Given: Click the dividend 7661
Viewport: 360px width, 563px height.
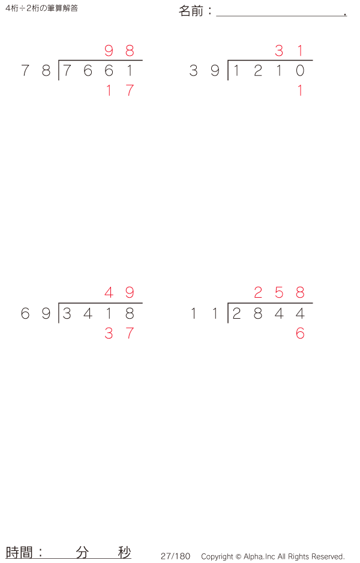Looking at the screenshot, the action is point(98,71).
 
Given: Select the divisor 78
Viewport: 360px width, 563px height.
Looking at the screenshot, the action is point(35,71).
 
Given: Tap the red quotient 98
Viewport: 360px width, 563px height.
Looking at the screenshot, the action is point(119,51).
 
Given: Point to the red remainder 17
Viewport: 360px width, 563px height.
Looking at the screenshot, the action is point(119,91).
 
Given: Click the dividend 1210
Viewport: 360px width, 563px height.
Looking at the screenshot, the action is point(268,71).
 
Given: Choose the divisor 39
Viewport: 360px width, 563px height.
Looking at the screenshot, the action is point(205,71).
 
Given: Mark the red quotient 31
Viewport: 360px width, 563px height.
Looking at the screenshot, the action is point(289,51).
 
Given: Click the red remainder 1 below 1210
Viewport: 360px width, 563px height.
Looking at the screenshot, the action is point(300,91).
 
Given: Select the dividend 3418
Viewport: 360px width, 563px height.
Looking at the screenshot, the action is point(98,313).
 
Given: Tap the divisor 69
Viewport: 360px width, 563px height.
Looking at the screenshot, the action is point(35,313).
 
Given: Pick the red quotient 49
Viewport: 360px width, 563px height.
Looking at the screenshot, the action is point(119,293).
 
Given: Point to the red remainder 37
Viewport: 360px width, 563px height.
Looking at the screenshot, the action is point(119,333).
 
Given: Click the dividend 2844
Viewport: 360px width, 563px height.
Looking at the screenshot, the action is point(268,313).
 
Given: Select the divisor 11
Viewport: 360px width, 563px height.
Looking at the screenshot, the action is point(205,313).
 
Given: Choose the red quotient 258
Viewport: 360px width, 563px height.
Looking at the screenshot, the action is point(279,293).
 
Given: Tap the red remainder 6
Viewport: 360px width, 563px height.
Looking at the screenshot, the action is point(300,333).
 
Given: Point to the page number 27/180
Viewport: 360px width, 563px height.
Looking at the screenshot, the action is point(175,556).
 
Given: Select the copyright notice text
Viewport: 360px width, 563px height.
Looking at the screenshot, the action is point(273,556).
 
